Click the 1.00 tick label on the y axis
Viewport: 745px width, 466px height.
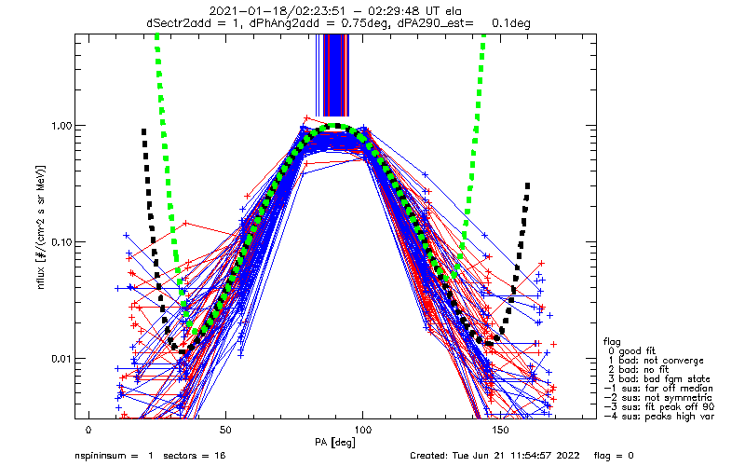(x=61, y=126)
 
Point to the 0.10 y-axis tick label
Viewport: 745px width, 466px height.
(x=61, y=242)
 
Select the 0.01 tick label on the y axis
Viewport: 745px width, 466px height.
(x=61, y=359)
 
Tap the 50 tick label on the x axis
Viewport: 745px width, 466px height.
(x=225, y=430)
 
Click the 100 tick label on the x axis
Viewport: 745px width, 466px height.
(x=363, y=430)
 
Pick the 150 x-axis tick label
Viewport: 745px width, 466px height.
(x=500, y=430)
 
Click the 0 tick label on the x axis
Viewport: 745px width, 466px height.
(x=88, y=430)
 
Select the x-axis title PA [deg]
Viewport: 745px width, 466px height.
(x=335, y=442)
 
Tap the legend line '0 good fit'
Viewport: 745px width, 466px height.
(x=631, y=351)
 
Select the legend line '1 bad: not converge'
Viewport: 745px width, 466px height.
(x=656, y=361)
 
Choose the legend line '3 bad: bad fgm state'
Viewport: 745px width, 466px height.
(x=658, y=379)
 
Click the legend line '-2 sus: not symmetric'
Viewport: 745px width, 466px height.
(x=658, y=398)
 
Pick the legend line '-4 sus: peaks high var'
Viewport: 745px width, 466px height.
(x=659, y=416)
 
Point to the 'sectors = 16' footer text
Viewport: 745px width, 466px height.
(x=195, y=456)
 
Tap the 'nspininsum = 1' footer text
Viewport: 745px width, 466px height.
(x=114, y=456)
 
